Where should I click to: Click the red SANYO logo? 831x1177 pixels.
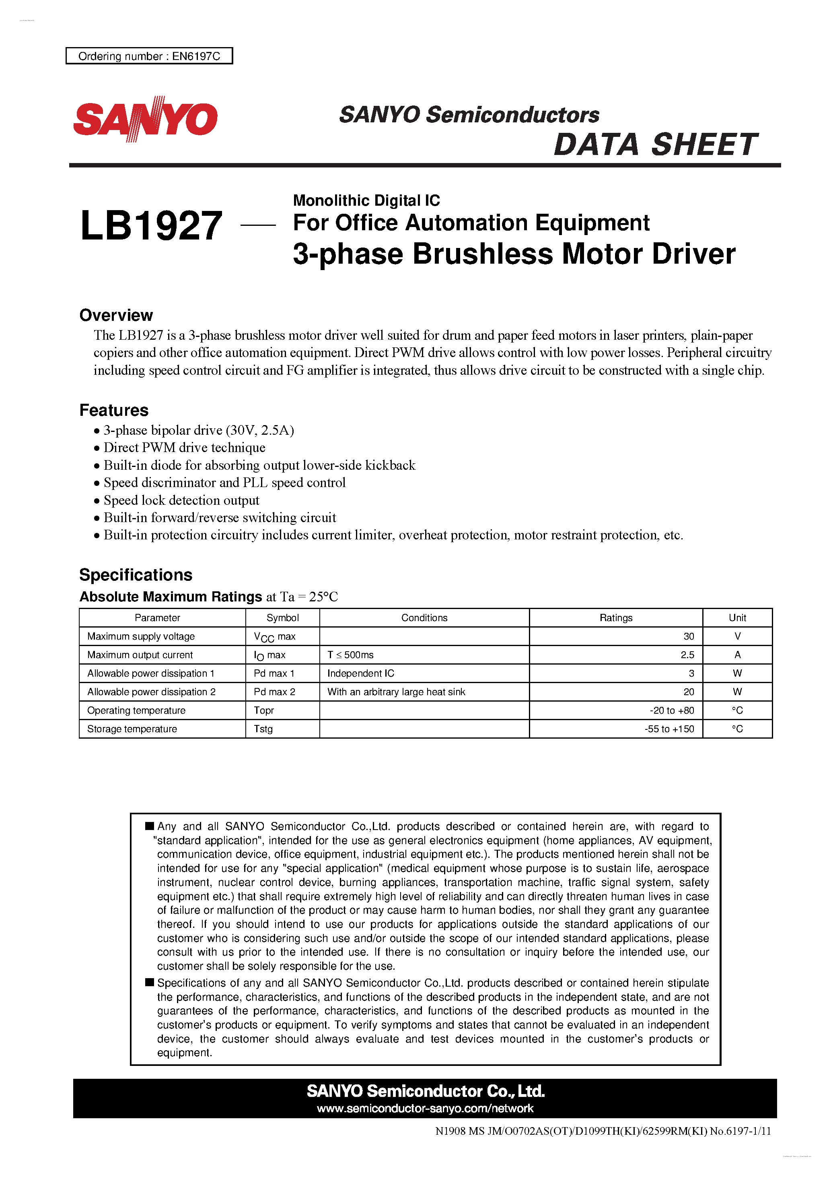[x=146, y=119]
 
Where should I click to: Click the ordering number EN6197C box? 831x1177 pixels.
[x=149, y=56]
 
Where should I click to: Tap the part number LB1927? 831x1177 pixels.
[x=151, y=226]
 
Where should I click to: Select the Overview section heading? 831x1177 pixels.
[x=116, y=315]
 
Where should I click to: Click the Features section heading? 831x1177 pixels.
[x=114, y=410]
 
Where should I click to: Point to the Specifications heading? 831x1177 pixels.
[x=136, y=575]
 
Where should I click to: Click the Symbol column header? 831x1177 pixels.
[x=282, y=618]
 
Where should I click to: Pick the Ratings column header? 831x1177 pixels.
[x=616, y=618]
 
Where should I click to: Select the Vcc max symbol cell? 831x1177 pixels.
[x=275, y=637]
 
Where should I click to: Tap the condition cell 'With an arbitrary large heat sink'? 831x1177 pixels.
[x=396, y=692]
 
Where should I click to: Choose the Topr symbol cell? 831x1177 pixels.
[x=264, y=710]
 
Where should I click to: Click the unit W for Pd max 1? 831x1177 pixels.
[x=737, y=673]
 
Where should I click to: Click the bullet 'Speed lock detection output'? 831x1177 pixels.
[x=181, y=500]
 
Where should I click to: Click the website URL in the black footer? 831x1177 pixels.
[x=425, y=1108]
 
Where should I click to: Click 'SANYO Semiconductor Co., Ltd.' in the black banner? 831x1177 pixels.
[x=425, y=1091]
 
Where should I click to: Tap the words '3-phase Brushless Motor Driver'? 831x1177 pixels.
[x=514, y=254]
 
